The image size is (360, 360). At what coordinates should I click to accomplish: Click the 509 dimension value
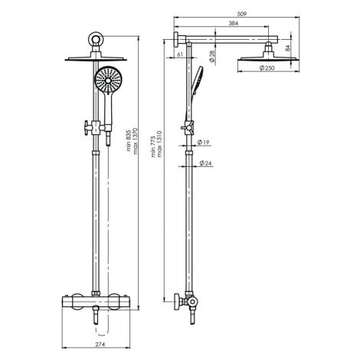(x=241, y=14)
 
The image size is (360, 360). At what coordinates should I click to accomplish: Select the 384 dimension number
(x=233, y=23)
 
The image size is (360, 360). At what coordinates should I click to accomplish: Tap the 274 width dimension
(x=100, y=345)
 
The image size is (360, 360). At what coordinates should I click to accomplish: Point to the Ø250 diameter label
(x=267, y=68)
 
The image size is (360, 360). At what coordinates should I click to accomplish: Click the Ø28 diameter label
(x=212, y=57)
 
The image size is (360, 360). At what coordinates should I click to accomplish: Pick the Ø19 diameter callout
(x=204, y=142)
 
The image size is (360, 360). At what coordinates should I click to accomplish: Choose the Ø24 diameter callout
(x=206, y=163)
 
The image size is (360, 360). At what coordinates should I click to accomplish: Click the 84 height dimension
(x=288, y=48)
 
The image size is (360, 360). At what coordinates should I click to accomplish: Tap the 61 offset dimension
(x=180, y=54)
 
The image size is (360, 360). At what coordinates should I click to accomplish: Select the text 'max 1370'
(x=136, y=141)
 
